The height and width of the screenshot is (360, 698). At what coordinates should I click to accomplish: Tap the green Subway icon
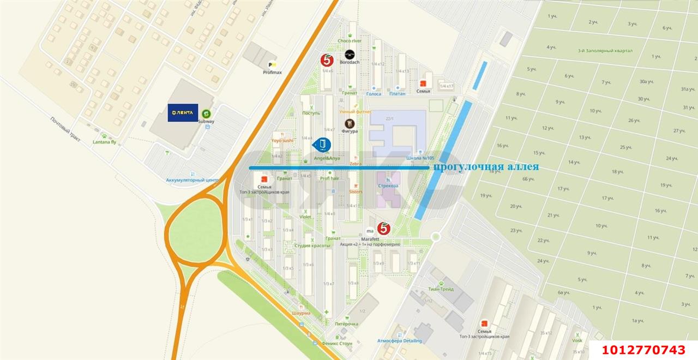(206, 113)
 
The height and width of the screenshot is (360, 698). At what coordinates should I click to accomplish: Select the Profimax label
(272, 72)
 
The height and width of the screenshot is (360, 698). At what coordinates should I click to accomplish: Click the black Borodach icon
(350, 54)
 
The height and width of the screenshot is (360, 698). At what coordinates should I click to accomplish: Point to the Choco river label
(350, 41)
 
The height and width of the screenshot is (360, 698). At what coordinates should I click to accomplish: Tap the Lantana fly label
(105, 142)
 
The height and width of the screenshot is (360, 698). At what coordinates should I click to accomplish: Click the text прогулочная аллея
(485, 167)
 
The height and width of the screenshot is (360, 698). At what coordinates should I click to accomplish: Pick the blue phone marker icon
(322, 145)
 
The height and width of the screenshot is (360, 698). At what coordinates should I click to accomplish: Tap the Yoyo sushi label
(282, 140)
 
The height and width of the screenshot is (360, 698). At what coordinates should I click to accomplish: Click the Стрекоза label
(388, 185)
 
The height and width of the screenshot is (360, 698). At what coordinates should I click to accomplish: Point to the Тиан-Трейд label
(441, 289)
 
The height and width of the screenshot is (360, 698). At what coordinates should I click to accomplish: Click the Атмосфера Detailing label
(400, 341)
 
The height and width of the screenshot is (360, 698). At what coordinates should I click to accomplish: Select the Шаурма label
(300, 313)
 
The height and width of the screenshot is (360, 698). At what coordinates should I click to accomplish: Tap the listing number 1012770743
(643, 350)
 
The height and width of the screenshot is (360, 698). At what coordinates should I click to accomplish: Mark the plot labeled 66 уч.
(528, 179)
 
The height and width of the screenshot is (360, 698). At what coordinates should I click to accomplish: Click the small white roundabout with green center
(435, 237)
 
